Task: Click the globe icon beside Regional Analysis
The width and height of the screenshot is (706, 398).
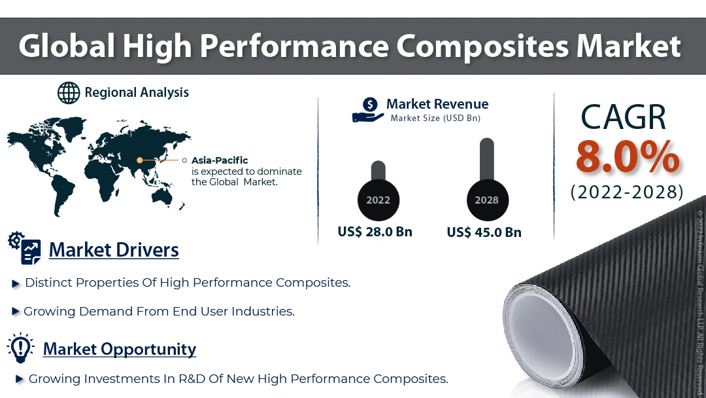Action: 69,93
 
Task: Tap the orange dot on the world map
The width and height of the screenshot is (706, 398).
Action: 140,160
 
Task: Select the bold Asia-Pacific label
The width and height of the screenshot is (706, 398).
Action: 220,160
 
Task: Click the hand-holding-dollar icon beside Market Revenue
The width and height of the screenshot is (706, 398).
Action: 368,110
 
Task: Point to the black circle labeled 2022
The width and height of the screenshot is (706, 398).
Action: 378,200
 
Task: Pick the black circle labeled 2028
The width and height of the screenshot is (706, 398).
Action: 487,200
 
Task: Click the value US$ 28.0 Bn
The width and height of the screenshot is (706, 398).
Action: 375,232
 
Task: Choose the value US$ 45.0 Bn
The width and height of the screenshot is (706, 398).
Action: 484,232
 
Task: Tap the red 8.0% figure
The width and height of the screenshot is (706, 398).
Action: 627,157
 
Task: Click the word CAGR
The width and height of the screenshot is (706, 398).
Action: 623,117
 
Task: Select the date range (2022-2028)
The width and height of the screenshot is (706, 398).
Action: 627,192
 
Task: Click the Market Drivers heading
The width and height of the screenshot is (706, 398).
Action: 114,250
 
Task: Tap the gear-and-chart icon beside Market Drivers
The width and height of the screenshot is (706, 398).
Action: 25,248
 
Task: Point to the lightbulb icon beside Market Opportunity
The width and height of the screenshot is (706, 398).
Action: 20,348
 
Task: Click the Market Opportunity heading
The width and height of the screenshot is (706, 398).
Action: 120,350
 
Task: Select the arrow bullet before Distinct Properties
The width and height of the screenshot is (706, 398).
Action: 16,284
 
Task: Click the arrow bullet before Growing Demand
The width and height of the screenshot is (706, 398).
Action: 15,311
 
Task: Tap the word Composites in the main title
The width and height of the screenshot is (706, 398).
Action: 482,47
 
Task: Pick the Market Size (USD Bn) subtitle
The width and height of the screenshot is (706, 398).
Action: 435,118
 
